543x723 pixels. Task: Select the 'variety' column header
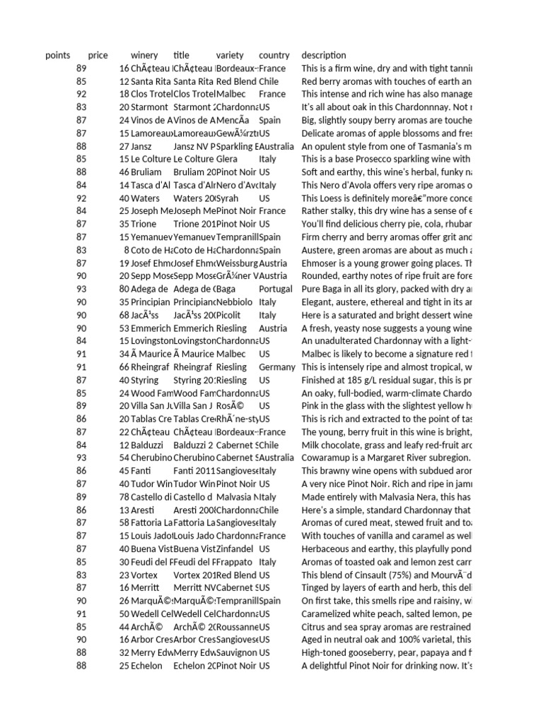(x=230, y=55)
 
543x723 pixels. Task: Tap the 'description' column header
(x=324, y=55)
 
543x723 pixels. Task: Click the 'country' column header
(x=274, y=55)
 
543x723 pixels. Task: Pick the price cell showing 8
(x=127, y=250)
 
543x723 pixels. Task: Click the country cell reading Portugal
(x=275, y=289)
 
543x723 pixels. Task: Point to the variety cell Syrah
(x=228, y=198)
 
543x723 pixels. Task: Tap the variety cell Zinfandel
(x=235, y=549)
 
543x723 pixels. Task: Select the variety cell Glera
(x=227, y=160)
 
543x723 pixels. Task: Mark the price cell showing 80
(x=124, y=289)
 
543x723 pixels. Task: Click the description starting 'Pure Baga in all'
(x=386, y=289)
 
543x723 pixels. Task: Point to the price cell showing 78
(x=124, y=497)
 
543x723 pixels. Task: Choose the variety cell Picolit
(x=230, y=315)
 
